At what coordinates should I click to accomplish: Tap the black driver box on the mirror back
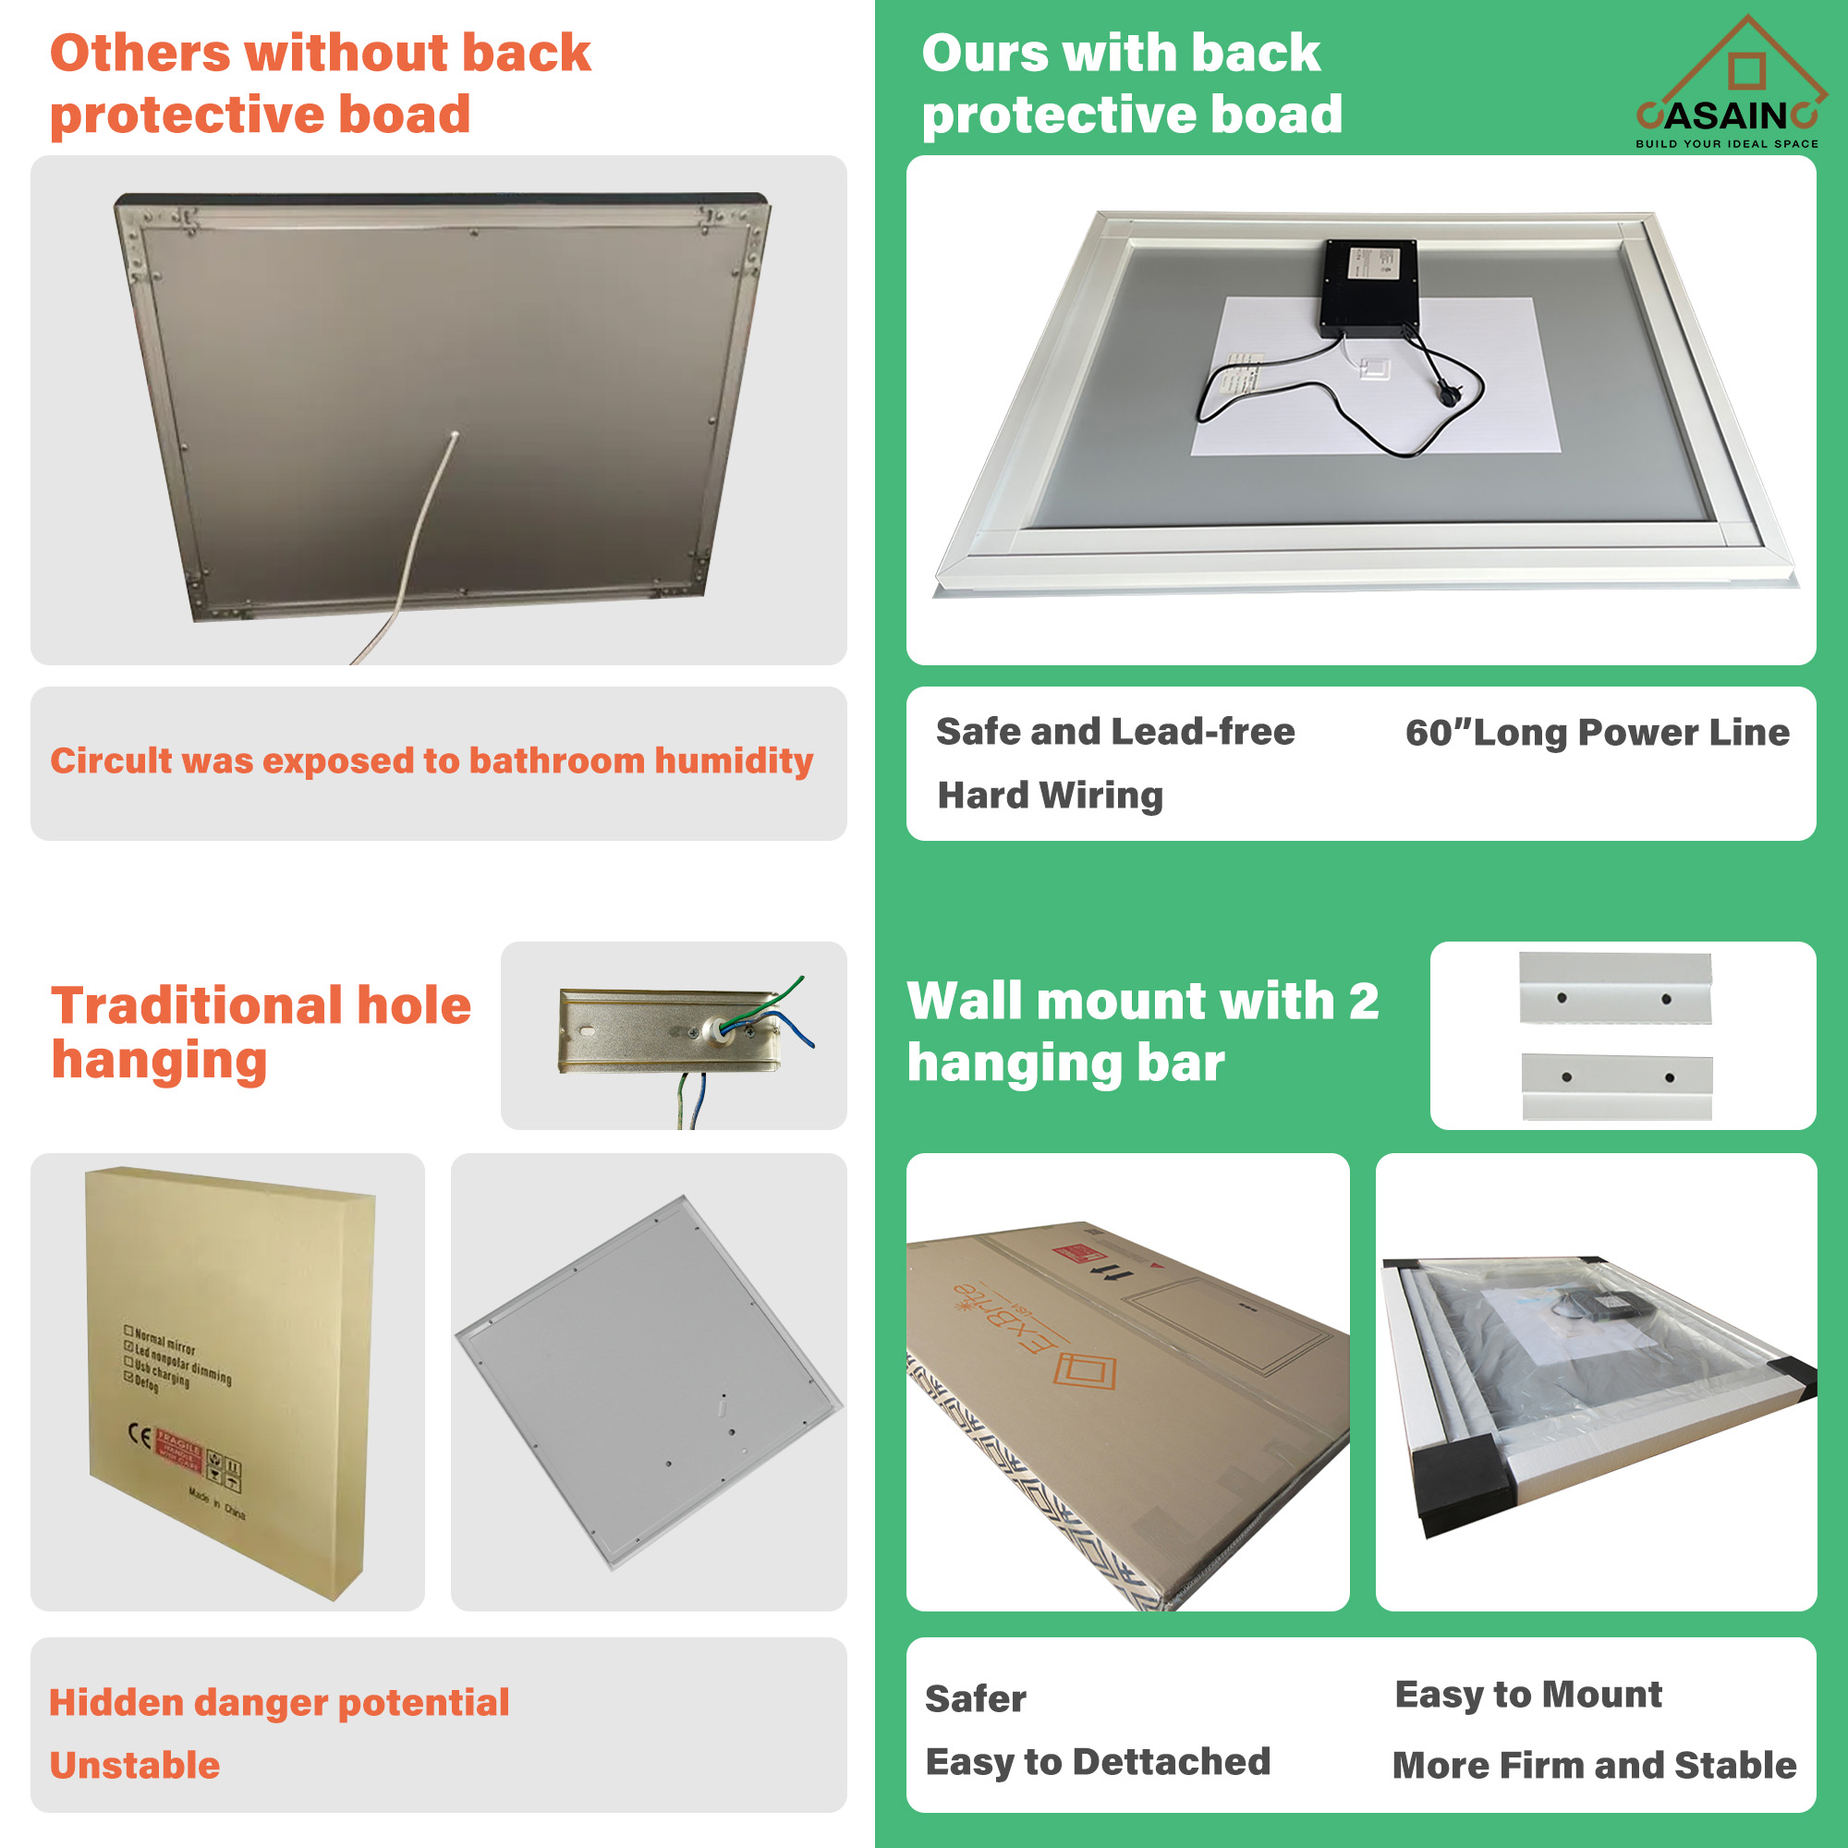(x=1369, y=287)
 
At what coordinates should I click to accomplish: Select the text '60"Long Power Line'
(x=1597, y=733)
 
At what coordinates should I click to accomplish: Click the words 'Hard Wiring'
(x=1051, y=795)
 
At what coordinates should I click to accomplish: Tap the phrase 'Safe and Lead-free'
(x=1115, y=732)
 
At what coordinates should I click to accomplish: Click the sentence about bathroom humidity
(x=432, y=760)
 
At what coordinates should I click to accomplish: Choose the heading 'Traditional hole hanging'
(x=261, y=1033)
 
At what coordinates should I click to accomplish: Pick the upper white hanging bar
(x=1614, y=987)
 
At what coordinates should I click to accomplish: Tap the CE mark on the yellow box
(x=140, y=1436)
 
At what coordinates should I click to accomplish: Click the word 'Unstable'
(x=135, y=1765)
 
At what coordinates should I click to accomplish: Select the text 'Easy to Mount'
(x=1527, y=1694)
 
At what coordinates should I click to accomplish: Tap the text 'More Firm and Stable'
(x=1594, y=1765)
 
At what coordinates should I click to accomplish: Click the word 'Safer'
(x=975, y=1699)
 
